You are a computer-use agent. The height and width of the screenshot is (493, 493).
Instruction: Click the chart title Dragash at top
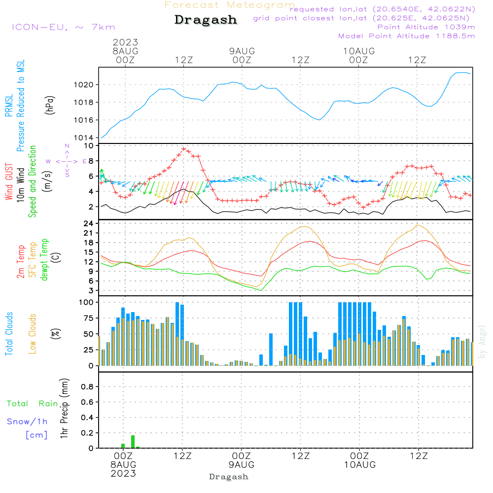pyautogui.click(x=206, y=20)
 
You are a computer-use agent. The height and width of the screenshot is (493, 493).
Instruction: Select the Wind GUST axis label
pyautogui.click(x=9, y=182)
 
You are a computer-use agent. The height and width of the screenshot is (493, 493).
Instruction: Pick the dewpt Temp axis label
pyautogui.click(x=45, y=260)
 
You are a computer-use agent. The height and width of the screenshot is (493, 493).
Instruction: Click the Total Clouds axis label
pyautogui.click(x=9, y=334)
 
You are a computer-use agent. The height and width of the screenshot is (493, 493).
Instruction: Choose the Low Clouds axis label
pyautogui.click(x=33, y=334)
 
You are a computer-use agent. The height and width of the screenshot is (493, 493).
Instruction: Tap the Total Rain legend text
pyautogui.click(x=32, y=403)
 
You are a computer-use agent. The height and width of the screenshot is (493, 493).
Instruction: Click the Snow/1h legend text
pyautogui.click(x=27, y=422)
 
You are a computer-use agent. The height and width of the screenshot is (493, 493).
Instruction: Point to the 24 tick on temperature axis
pyautogui.click(x=89, y=223)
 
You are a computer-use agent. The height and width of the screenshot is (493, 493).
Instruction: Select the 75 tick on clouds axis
pyautogui.click(x=89, y=318)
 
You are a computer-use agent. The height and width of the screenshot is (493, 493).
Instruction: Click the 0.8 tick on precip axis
pyautogui.click(x=87, y=387)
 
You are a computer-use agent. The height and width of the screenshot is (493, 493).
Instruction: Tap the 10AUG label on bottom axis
pyautogui.click(x=359, y=464)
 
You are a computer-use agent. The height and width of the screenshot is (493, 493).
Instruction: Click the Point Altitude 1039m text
pyautogui.click(x=426, y=27)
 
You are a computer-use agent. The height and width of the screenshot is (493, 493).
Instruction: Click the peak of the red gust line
pyautogui.click(x=183, y=148)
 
